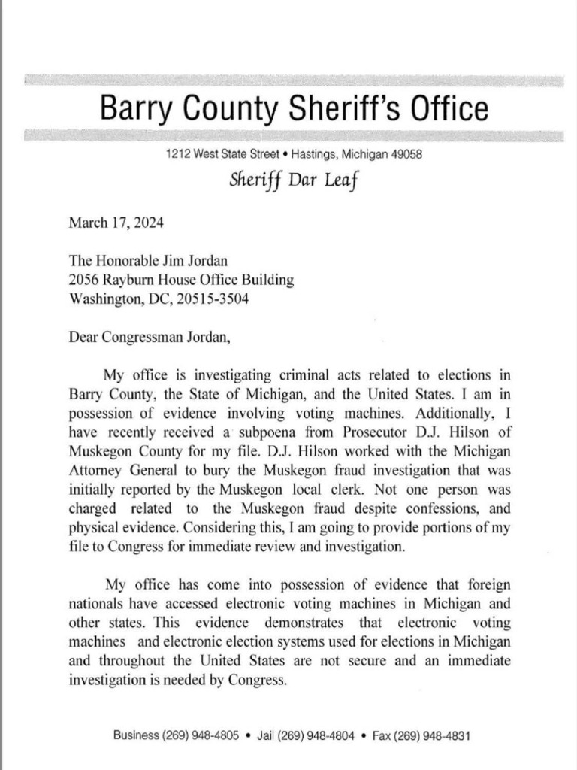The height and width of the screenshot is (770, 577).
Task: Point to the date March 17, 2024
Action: click(x=116, y=223)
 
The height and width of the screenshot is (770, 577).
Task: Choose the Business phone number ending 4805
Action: click(x=176, y=735)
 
